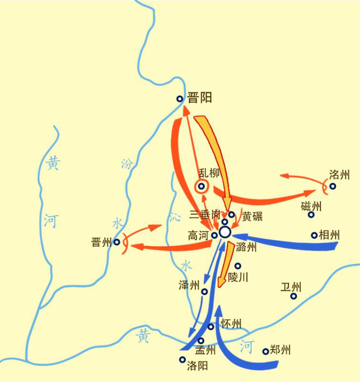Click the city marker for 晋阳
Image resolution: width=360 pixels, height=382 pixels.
pyautogui.click(x=180, y=99)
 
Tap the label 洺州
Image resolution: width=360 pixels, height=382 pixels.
pyautogui.click(x=339, y=174)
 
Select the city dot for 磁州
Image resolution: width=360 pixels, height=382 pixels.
pyautogui.click(x=311, y=215)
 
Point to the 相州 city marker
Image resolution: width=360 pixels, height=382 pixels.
pyautogui.click(x=314, y=235)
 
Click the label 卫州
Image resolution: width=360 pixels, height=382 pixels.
pyautogui.click(x=291, y=287)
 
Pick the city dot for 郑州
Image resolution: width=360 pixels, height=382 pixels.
pyautogui.click(x=265, y=351)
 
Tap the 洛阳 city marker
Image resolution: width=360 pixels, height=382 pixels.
pyautogui.click(x=182, y=359)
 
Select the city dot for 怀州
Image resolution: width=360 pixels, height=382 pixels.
pyautogui.click(x=211, y=327)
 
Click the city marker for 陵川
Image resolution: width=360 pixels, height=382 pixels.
pyautogui.click(x=238, y=266)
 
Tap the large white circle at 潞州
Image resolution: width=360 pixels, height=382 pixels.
pyautogui.click(x=225, y=232)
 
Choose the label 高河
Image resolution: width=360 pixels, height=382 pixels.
pyautogui.click(x=199, y=236)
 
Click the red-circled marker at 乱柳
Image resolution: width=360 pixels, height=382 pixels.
pyautogui.click(x=202, y=186)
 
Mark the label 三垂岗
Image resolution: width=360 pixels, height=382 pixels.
pyautogui.click(x=205, y=214)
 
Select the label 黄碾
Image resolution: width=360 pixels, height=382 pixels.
pyautogui.click(x=252, y=216)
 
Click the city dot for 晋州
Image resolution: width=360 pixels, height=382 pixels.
pyautogui.click(x=117, y=242)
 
